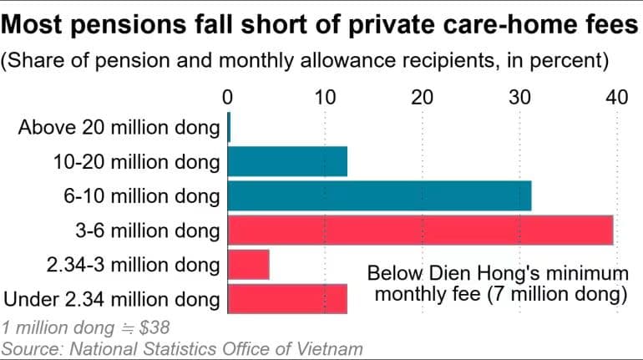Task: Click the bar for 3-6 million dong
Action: (x=420, y=231)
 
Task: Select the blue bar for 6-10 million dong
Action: (x=379, y=196)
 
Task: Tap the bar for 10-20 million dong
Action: (x=287, y=161)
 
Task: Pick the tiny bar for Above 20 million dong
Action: (x=229, y=127)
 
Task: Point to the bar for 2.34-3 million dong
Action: (x=249, y=265)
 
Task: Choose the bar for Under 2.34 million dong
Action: (x=287, y=299)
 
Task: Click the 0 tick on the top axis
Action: (x=228, y=98)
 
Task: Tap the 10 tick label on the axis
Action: (x=325, y=98)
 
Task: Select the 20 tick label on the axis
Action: (x=422, y=98)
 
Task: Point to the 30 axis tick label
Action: (x=519, y=98)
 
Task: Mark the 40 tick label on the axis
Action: (x=617, y=98)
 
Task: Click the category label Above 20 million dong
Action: (x=119, y=128)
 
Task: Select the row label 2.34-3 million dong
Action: (x=134, y=265)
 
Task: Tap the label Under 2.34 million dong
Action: (x=112, y=299)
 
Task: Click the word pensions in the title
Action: (x=128, y=24)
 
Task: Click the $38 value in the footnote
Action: (x=154, y=327)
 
